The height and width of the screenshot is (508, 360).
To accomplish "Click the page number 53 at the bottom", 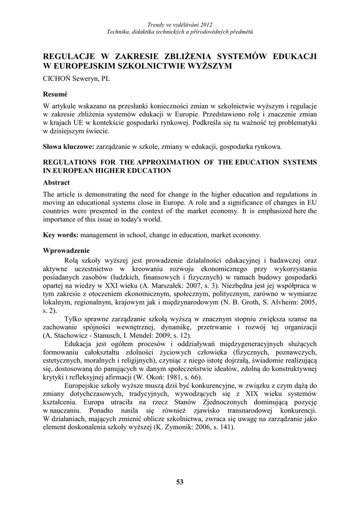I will [x=180, y=481].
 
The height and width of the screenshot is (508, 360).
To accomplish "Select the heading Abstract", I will [x=56, y=182].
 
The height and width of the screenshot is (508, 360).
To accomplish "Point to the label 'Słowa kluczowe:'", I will [x=68, y=147].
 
